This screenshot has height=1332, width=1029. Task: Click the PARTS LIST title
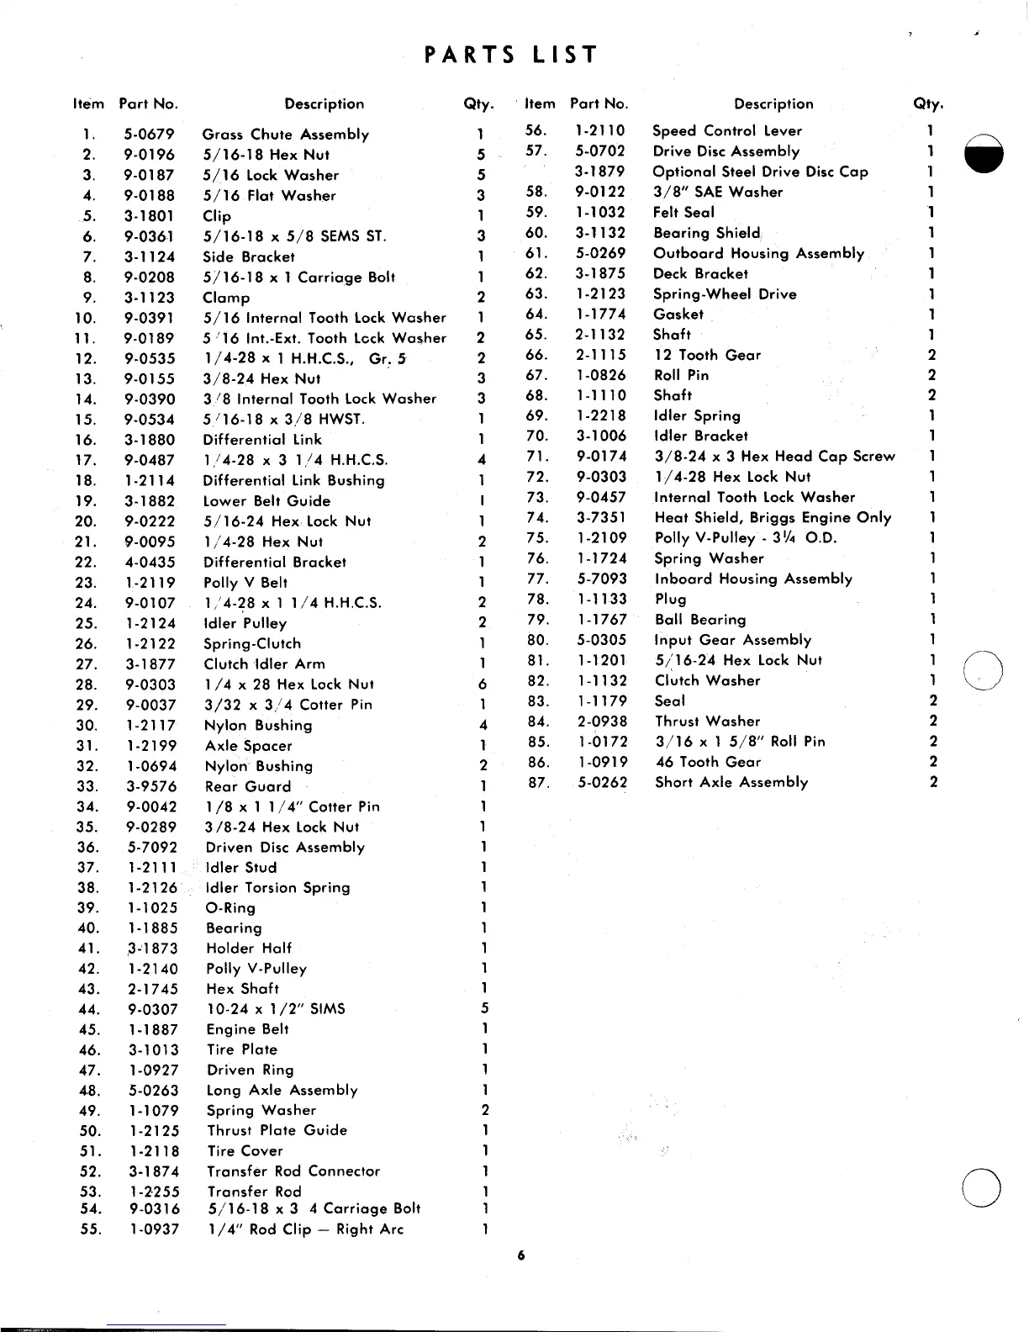[x=511, y=55]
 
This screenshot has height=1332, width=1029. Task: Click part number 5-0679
[x=149, y=134]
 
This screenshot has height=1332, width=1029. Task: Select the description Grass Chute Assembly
[x=286, y=135]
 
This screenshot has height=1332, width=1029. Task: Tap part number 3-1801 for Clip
[x=149, y=215]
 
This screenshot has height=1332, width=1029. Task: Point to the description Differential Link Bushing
[x=294, y=481]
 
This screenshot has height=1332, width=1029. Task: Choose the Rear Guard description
[x=249, y=787]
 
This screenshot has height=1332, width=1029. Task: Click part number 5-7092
[x=151, y=848]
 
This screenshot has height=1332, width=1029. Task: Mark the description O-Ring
[x=231, y=908]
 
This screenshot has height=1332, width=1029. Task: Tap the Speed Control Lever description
[x=727, y=131]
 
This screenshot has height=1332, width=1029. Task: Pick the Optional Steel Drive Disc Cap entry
[x=761, y=172]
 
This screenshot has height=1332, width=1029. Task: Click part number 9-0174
[x=601, y=457]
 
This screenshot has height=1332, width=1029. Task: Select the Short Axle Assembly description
[x=731, y=783]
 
